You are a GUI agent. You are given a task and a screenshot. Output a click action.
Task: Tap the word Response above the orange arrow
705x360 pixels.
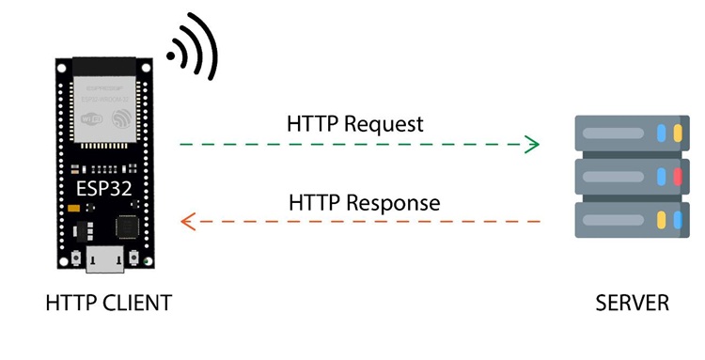pyautogui.click(x=393, y=202)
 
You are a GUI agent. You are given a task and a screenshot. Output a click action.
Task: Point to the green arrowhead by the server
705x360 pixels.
pyautogui.click(x=532, y=145)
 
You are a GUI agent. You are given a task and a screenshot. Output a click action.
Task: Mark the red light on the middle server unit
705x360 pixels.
pyautogui.click(x=675, y=177)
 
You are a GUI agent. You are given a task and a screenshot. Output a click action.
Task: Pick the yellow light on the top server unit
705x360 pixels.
pyautogui.click(x=663, y=133)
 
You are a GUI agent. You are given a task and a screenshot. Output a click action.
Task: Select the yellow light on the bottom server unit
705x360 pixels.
pyautogui.click(x=663, y=221)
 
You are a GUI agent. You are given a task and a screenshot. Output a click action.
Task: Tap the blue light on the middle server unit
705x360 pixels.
pyautogui.click(x=663, y=177)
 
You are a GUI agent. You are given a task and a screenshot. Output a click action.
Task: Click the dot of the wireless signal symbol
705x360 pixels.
pyautogui.click(x=172, y=56)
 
